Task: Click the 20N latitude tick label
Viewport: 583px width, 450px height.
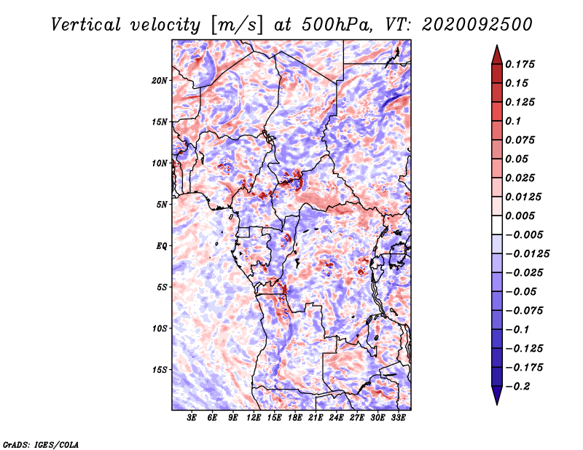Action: (160, 81)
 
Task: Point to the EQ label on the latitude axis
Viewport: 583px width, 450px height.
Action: (161, 246)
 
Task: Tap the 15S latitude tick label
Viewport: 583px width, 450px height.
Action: (160, 370)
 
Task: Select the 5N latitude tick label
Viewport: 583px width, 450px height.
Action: (162, 205)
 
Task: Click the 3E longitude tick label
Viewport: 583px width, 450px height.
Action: (192, 418)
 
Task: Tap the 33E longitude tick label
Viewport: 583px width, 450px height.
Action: (398, 418)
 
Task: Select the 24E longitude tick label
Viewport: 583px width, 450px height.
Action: (336, 418)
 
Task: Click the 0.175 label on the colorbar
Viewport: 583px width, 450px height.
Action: (520, 64)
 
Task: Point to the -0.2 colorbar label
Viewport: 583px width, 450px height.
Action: (517, 387)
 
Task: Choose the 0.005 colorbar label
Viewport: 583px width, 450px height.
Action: (520, 216)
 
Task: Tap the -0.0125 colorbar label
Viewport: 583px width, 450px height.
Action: (527, 254)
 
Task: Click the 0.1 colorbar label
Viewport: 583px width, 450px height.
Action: (513, 121)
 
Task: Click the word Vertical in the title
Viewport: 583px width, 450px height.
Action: (86, 25)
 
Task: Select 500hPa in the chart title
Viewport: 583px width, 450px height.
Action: (337, 25)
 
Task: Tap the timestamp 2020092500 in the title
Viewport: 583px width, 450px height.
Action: (477, 25)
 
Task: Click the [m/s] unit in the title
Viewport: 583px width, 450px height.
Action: (237, 25)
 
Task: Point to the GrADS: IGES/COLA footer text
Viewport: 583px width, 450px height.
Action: (41, 444)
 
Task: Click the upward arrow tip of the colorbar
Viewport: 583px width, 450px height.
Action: (497, 45)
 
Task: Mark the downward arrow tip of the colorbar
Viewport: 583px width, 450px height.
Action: (497, 404)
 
